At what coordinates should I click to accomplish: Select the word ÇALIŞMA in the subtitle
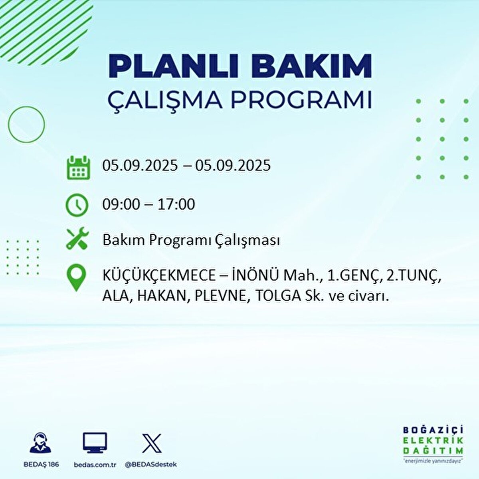165,100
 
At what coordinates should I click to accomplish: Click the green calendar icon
78,167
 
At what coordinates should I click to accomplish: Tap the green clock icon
77,205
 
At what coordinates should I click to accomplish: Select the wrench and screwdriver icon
77,239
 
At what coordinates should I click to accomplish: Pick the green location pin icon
76,279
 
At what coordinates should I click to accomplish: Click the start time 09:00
121,204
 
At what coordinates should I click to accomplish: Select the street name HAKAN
162,296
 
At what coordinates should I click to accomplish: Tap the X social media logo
152,443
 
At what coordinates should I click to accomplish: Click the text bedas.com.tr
95,465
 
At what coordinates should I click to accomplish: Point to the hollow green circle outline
26,125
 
